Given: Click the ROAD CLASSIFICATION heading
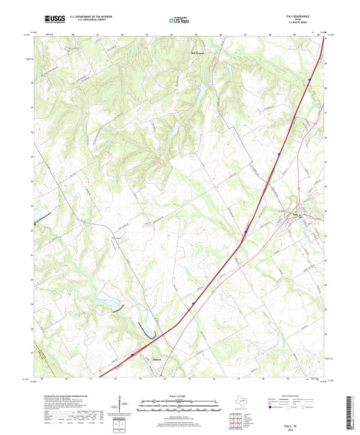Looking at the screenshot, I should click(293, 396).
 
